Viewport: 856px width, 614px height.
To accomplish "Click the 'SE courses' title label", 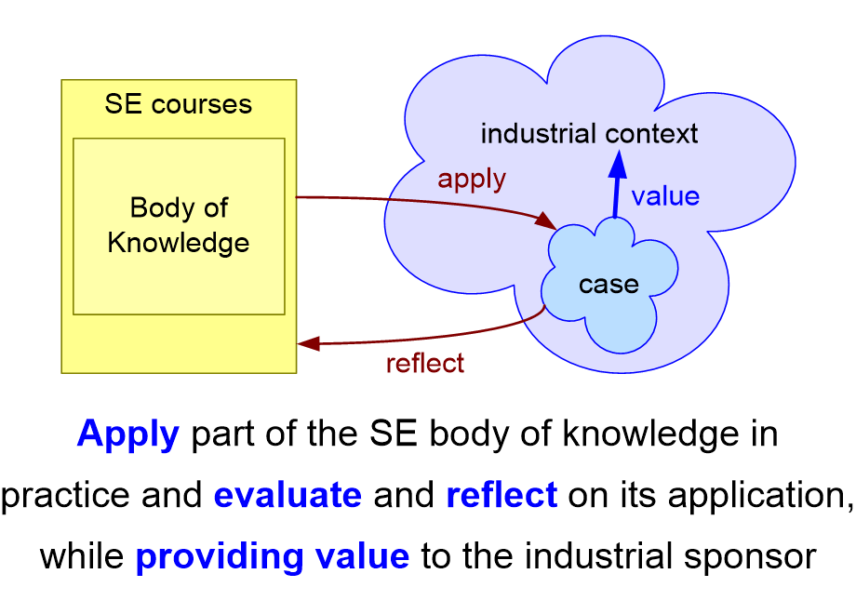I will [x=178, y=103].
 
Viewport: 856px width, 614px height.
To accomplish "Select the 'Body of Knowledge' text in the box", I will [x=179, y=225].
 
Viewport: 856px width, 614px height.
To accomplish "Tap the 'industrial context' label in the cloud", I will [x=589, y=134].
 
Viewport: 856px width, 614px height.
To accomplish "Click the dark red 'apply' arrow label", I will [x=472, y=179].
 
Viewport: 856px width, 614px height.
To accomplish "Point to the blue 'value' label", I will [x=665, y=196].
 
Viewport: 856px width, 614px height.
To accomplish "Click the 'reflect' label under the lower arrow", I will [x=424, y=363].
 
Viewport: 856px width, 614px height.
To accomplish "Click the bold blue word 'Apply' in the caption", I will [x=127, y=434].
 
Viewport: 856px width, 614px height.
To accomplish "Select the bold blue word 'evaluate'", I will [x=288, y=495].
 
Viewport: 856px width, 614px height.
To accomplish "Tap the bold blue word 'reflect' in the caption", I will [x=502, y=495].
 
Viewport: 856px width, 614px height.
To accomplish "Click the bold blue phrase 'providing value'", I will [x=273, y=556].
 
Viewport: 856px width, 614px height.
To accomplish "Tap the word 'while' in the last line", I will [x=82, y=556].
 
